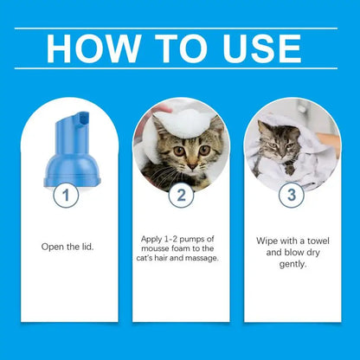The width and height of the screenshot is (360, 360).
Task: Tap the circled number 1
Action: coord(61,196)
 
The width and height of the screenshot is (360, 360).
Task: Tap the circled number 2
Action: coord(180,196)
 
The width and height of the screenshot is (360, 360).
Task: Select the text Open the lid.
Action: coord(66,246)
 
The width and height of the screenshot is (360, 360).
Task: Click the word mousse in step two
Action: coord(158,247)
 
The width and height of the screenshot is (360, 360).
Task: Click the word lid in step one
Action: coord(83,246)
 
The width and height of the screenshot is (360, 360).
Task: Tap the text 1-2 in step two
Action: coord(179,236)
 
